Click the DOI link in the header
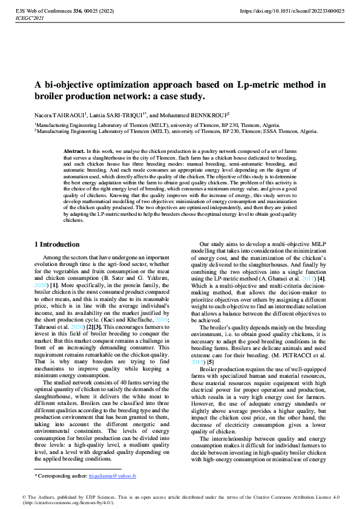292,11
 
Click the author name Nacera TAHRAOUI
59,115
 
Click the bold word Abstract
74,150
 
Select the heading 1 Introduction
56,244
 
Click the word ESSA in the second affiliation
278,131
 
